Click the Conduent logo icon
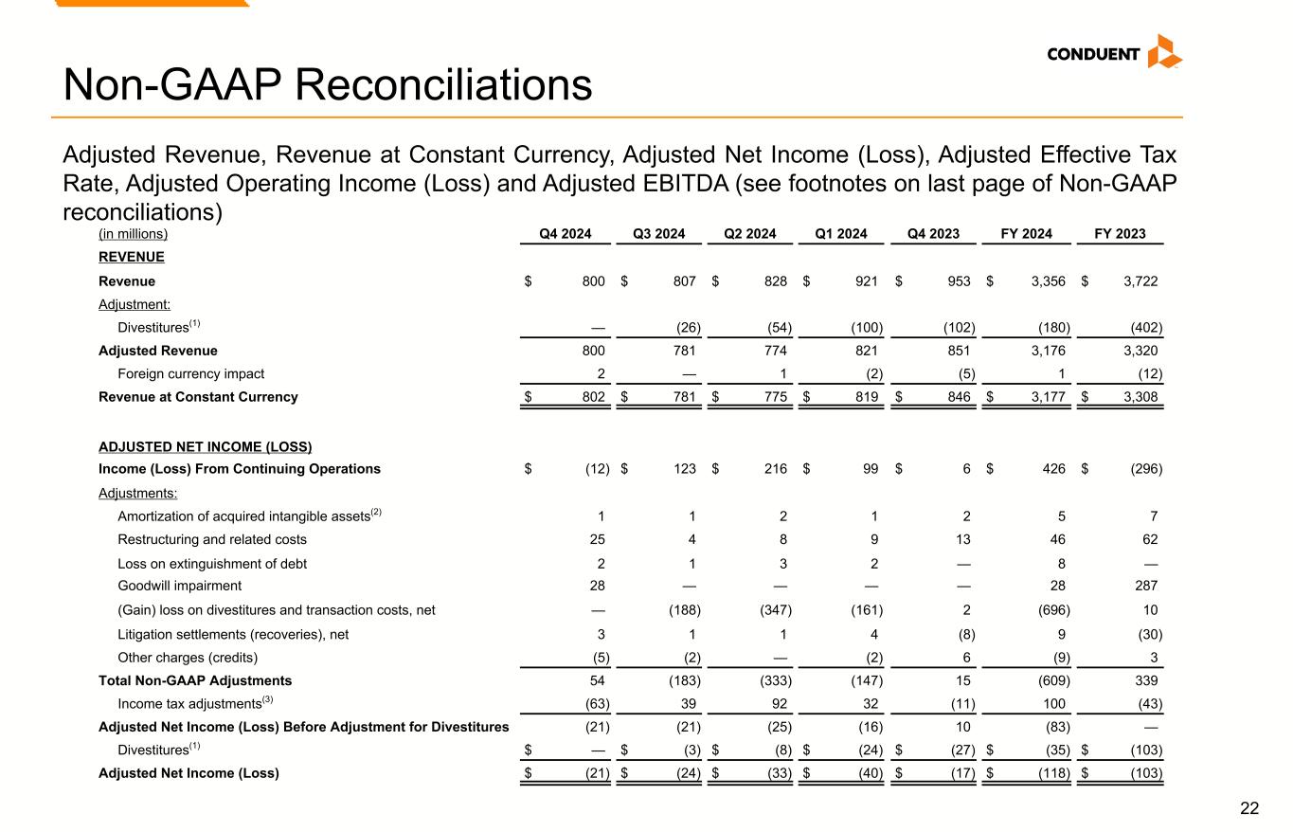[1164, 51]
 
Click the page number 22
[1249, 808]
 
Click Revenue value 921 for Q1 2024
[871, 281]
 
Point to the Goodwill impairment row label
[179, 586]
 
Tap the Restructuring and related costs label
[212, 540]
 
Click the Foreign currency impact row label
[190, 373]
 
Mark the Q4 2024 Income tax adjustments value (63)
[597, 704]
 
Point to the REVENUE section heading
[132, 257]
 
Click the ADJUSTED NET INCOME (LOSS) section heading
[206, 446]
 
